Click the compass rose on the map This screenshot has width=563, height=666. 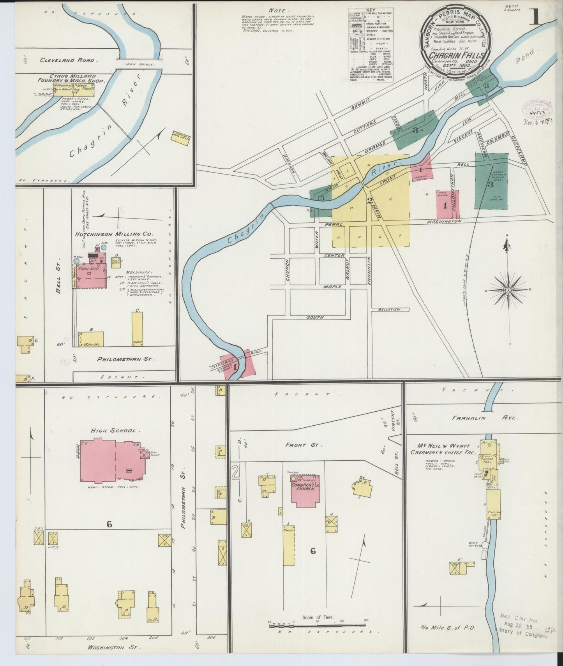[x=508, y=290]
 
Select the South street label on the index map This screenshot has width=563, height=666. [x=315, y=317]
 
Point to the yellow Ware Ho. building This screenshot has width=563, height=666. [x=91, y=339]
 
